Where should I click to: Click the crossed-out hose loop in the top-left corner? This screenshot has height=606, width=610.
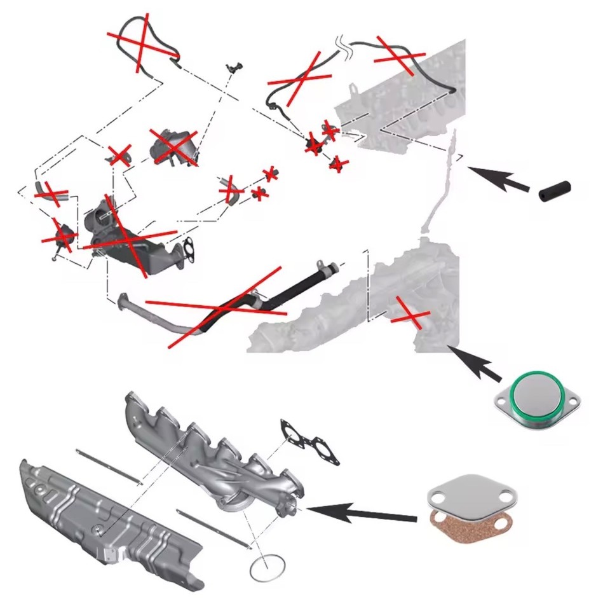point(142,39)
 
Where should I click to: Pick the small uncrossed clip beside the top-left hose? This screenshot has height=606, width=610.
point(236,67)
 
